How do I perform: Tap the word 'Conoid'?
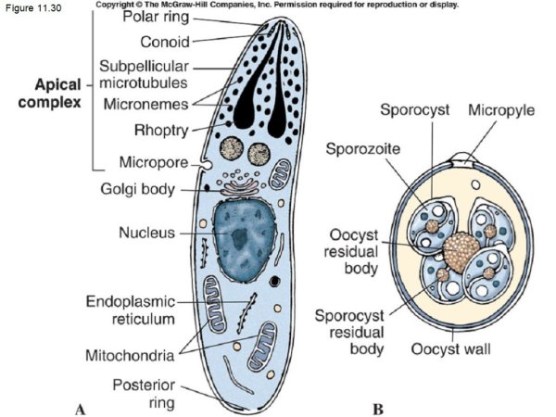tap(165, 42)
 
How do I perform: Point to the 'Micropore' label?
tap(154, 163)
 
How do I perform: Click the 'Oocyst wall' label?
tap(452, 349)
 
